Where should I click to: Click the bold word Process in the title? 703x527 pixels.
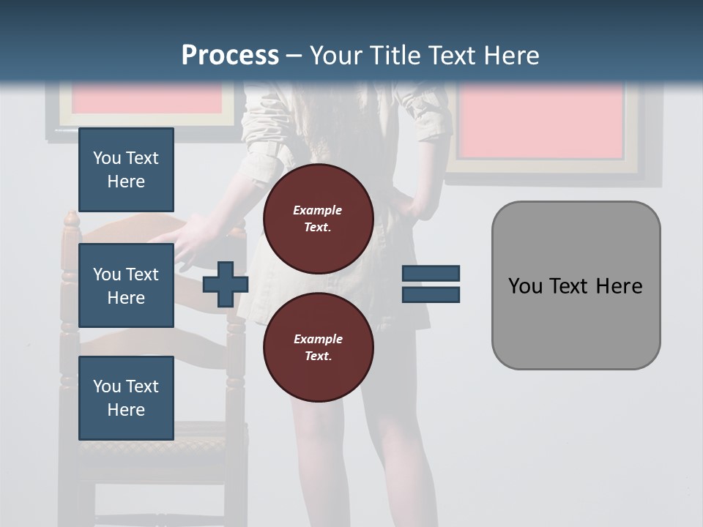pos(230,56)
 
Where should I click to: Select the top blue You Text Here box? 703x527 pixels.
pos(126,170)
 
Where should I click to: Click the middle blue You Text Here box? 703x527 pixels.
pos(126,285)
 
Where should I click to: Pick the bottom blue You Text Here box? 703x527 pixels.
pos(126,397)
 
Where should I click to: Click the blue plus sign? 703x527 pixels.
pos(226,284)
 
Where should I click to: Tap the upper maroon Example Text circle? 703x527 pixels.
pos(318,219)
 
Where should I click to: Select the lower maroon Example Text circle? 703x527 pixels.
pos(318,348)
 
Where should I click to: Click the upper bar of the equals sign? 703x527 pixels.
pos(431,274)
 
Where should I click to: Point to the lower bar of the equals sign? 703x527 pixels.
pos(431,294)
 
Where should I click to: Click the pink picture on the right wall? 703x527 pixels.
pos(542,121)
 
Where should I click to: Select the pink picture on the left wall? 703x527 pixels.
pos(146,100)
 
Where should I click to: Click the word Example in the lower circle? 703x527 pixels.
pos(318,339)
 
